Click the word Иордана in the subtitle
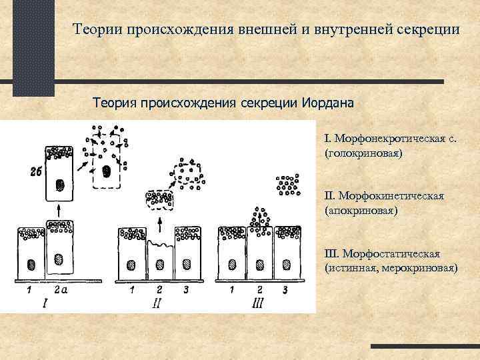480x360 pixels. click(x=330, y=105)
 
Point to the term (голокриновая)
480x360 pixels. click(x=363, y=153)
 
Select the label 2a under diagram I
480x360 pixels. click(x=61, y=290)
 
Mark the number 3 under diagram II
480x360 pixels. click(x=186, y=290)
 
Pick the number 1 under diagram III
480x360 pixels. click(x=231, y=290)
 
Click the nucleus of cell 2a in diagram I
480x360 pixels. click(x=59, y=259)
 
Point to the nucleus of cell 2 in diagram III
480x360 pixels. click(x=260, y=263)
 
